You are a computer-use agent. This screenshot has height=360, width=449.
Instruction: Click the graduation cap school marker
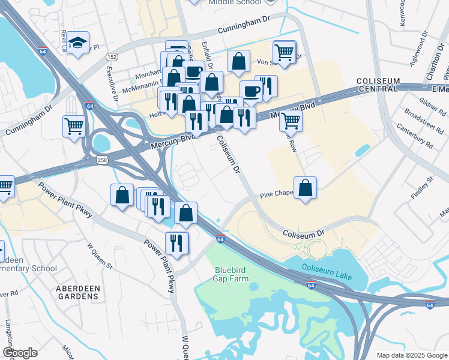77,43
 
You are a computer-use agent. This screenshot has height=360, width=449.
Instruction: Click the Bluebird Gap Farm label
232,274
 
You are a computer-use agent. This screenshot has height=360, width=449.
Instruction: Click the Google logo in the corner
20,353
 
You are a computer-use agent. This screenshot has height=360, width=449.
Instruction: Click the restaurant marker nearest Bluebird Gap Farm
176,243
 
